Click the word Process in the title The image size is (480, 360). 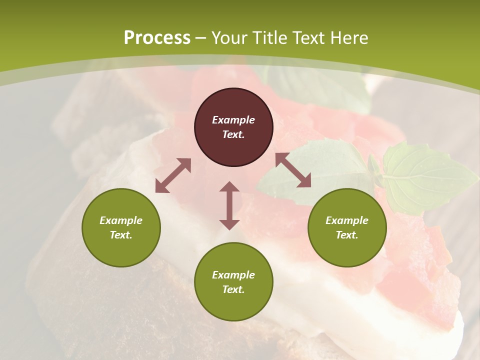click(157, 38)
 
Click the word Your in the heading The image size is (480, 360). click(229, 38)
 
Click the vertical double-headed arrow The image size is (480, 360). click(229, 205)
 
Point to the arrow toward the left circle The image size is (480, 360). click(173, 175)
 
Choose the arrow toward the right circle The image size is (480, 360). click(293, 170)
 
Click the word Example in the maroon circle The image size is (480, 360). click(233, 120)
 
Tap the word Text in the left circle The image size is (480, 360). click(120, 235)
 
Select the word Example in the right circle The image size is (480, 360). click(347, 220)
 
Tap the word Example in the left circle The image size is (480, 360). click(121, 220)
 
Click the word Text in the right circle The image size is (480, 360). click(346, 235)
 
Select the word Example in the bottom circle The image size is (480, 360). click(233, 275)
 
